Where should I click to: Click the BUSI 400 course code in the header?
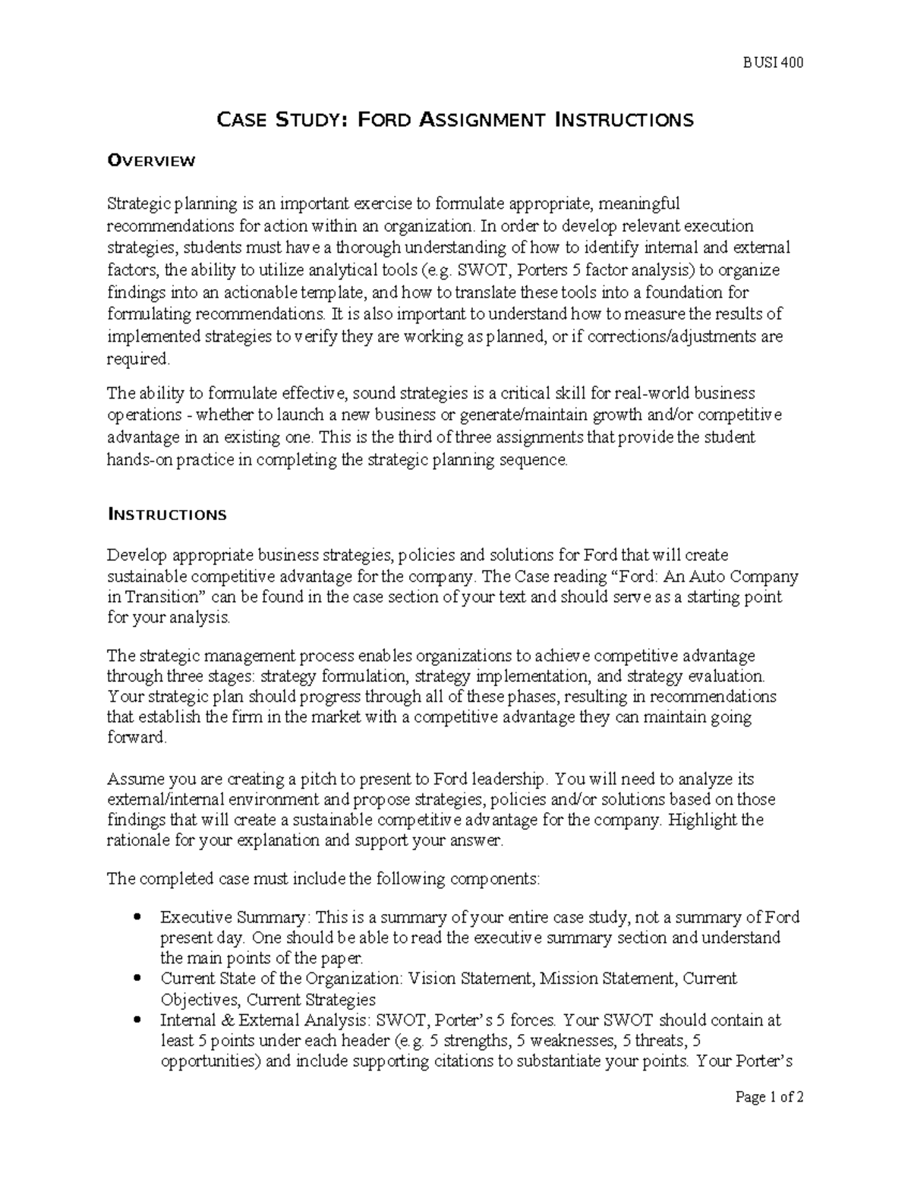[773, 63]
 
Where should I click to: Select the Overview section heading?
[152, 160]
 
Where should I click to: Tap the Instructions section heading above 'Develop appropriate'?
[167, 515]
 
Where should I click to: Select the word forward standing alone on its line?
[136, 738]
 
